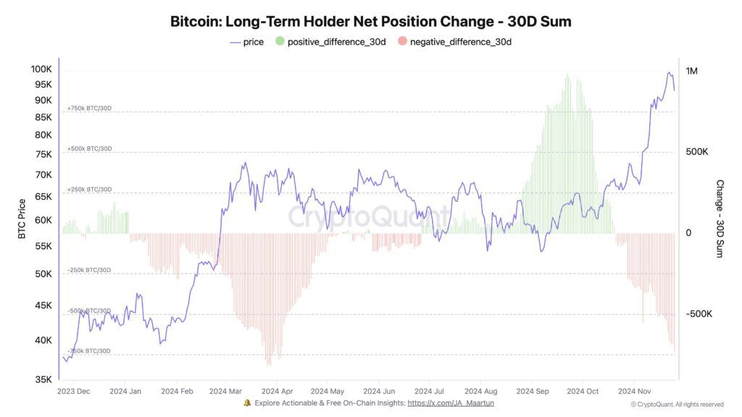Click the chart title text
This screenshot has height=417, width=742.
pyautogui.click(x=370, y=21)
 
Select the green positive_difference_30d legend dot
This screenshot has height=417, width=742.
pyautogui.click(x=279, y=42)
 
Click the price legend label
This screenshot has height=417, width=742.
pyautogui.click(x=254, y=42)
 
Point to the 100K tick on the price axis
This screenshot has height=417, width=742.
pyautogui.click(x=41, y=69)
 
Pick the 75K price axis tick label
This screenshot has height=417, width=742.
pyautogui.click(x=43, y=154)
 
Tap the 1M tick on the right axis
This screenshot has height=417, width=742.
pyautogui.click(x=691, y=71)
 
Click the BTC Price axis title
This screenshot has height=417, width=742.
pyautogui.click(x=22, y=218)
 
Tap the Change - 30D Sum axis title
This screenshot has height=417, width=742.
pyautogui.click(x=720, y=219)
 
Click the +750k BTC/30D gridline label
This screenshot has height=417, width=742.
pyautogui.click(x=89, y=109)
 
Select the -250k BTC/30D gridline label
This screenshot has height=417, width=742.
pyautogui.click(x=89, y=270)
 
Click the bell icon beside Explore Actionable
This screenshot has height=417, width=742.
pyautogui.click(x=247, y=403)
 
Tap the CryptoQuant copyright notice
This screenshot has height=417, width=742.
pyautogui.click(x=677, y=404)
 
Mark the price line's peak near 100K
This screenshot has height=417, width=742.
pyautogui.click(x=668, y=72)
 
